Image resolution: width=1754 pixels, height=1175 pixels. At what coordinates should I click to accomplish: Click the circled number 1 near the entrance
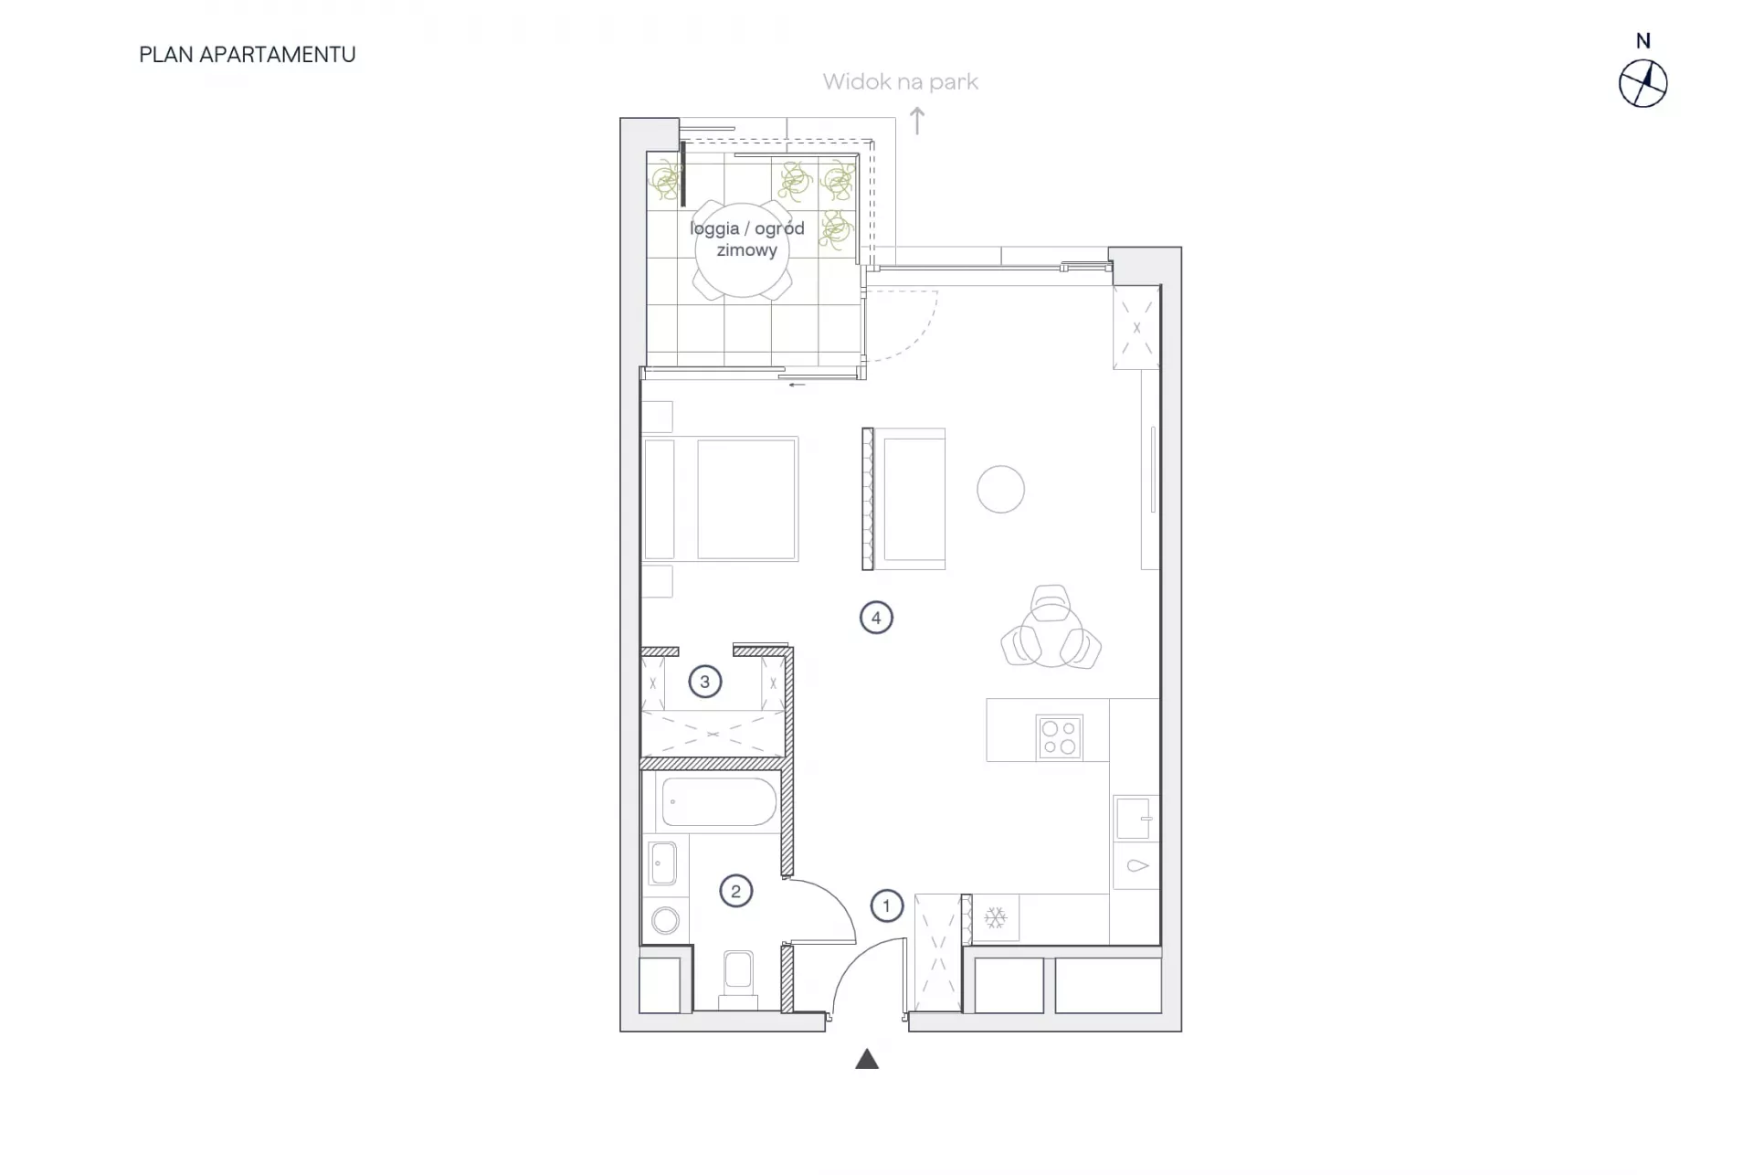(x=886, y=906)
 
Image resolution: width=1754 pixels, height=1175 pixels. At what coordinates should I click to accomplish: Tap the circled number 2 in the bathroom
(x=736, y=891)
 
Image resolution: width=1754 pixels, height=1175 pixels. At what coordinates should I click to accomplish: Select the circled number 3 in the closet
(x=704, y=682)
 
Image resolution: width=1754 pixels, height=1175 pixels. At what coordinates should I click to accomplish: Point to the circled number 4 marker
(x=876, y=618)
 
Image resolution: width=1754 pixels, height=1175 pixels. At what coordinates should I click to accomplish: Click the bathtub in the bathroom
(x=719, y=802)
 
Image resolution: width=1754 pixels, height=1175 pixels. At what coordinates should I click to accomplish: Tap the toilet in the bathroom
(x=738, y=977)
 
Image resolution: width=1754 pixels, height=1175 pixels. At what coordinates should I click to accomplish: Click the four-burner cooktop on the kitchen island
(x=1060, y=737)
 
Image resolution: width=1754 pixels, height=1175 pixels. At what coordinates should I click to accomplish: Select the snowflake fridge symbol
(x=995, y=917)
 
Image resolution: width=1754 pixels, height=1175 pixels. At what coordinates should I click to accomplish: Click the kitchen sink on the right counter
(x=1134, y=818)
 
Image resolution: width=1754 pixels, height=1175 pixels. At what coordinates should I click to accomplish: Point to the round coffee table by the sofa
(x=1000, y=489)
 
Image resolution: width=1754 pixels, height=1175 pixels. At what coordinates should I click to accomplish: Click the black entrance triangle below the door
(x=867, y=1059)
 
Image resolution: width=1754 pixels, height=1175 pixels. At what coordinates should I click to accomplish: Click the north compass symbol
(x=1643, y=84)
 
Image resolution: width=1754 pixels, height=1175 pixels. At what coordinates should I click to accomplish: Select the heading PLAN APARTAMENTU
(x=248, y=55)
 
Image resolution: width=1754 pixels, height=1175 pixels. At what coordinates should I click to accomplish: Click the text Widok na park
(x=900, y=82)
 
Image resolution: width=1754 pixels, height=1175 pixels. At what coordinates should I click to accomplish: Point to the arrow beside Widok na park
(x=917, y=121)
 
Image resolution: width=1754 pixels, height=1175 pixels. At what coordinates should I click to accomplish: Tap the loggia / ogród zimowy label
(x=747, y=238)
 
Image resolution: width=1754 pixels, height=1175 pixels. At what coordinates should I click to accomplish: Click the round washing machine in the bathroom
(x=665, y=920)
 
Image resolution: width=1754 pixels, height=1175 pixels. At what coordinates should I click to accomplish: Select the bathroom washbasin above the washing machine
(x=663, y=863)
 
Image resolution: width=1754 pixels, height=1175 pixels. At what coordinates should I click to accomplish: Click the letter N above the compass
(x=1643, y=41)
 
